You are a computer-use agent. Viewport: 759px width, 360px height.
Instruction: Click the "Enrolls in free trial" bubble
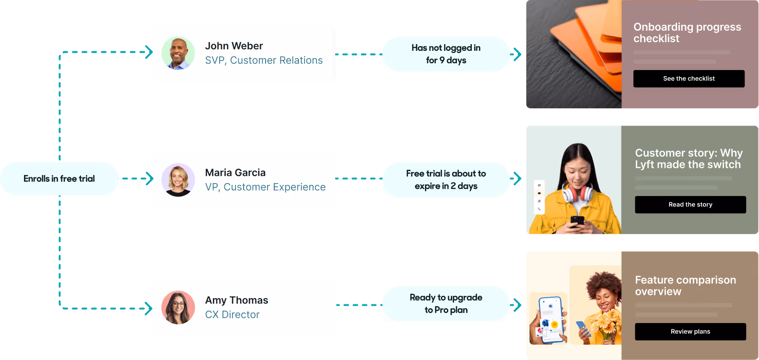[x=59, y=179]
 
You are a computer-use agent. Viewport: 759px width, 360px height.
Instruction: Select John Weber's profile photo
[x=178, y=53]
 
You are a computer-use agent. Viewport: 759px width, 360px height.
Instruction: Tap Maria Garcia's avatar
[x=178, y=180]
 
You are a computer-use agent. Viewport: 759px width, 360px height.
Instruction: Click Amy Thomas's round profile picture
[x=178, y=307]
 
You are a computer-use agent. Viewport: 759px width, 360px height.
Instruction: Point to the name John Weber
[x=234, y=46]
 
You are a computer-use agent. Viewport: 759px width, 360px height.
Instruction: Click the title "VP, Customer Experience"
[x=265, y=187]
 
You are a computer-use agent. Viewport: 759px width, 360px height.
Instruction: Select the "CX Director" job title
[x=232, y=314]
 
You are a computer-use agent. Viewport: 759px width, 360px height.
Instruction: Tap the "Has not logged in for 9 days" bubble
[x=445, y=54]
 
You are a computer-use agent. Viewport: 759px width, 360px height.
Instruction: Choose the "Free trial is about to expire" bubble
[x=445, y=180]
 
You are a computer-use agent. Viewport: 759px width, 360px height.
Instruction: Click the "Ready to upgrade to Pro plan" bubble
[x=445, y=304]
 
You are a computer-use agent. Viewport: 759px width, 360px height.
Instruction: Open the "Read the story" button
[x=690, y=205]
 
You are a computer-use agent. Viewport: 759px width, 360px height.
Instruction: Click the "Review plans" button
[x=690, y=332]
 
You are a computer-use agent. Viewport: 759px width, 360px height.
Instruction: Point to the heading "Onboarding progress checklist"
[x=687, y=33]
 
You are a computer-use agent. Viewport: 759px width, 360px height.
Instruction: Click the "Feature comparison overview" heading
[x=685, y=286]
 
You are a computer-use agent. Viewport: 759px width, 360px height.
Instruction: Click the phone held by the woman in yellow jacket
[x=577, y=221]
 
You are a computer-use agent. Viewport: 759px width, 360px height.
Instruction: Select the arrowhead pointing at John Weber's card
[x=149, y=52]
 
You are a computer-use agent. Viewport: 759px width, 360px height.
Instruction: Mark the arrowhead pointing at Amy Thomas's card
[x=149, y=309]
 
